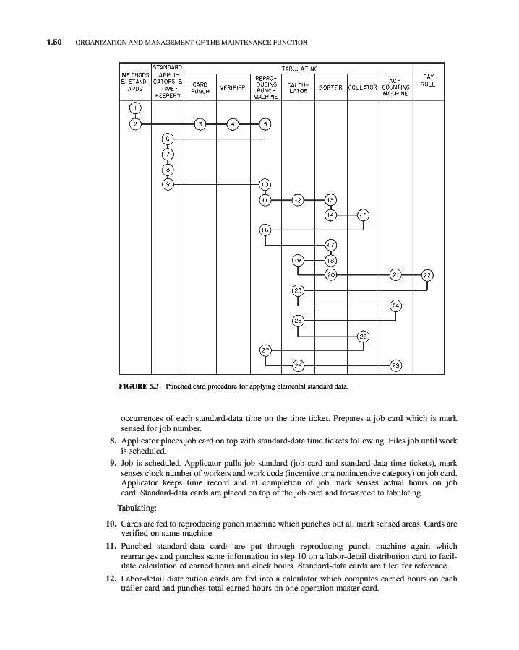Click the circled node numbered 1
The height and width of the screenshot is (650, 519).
click(135, 109)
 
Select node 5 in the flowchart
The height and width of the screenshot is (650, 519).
click(265, 124)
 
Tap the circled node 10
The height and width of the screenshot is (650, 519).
click(265, 184)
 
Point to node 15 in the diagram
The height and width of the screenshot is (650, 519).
click(363, 214)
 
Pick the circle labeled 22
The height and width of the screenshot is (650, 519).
click(427, 274)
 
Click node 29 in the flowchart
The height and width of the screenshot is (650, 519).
click(395, 365)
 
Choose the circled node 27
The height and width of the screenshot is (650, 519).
click(265, 350)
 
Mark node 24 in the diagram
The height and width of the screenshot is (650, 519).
click(395, 305)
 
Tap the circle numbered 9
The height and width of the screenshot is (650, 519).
click(168, 184)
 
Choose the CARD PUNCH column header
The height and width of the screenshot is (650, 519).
click(200, 88)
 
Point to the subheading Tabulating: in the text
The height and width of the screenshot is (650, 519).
click(140, 506)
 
